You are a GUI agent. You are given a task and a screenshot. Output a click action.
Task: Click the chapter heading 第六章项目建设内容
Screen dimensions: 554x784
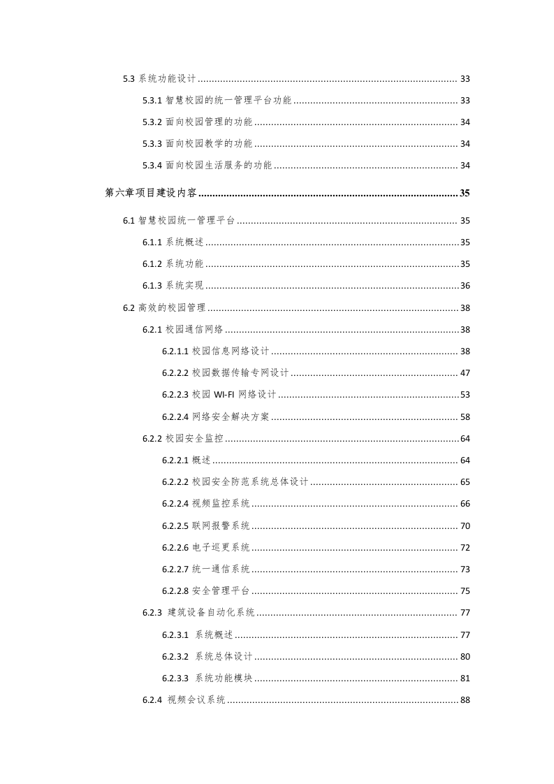[150, 193]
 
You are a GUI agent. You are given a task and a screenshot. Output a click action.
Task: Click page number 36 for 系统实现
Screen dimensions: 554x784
[465, 285]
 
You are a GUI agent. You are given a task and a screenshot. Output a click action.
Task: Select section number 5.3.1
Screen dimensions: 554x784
[152, 101]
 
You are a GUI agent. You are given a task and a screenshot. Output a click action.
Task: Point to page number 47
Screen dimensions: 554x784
[465, 373]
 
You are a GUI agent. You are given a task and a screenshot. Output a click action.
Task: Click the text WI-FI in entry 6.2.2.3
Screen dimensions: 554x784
[224, 395]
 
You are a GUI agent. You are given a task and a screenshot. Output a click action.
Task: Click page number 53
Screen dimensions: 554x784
[465, 395]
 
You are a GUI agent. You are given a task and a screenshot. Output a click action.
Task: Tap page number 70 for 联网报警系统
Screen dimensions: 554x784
[465, 525]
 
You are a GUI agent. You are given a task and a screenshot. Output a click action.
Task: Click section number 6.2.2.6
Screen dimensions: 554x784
[175, 547]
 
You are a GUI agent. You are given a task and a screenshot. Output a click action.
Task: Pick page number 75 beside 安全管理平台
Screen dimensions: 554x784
[465, 591]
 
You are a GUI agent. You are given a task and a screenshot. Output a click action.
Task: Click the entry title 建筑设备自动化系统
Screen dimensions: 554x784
[212, 613]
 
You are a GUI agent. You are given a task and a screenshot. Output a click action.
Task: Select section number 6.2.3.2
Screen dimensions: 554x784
[175, 656]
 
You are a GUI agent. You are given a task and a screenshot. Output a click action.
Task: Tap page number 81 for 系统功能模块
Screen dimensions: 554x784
[465, 678]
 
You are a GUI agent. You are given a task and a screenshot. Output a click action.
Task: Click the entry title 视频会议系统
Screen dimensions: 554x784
[197, 700]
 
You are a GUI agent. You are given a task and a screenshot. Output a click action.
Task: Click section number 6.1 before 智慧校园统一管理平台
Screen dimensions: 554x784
[129, 221]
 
